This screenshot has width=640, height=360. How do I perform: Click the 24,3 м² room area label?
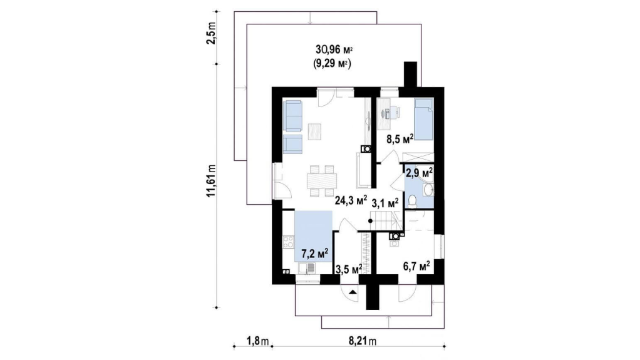coord(351,200)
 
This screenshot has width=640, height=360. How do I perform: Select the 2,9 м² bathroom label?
coord(419,173)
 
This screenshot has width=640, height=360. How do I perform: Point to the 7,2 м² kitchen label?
coord(315,254)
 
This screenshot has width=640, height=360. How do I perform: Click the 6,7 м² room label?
coord(416,267)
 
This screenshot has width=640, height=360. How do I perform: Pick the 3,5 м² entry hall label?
coord(349,269)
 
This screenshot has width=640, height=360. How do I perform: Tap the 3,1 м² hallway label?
coord(385,203)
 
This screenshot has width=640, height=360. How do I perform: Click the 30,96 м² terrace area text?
coord(334,50)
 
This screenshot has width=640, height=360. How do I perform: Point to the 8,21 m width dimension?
coord(363,341)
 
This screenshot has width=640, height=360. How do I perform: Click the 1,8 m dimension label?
coord(257,341)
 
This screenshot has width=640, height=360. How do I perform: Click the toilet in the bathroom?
coord(412,202)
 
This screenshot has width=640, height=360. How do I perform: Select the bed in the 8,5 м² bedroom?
coord(423,119)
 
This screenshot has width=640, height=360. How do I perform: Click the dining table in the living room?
coord(322,181)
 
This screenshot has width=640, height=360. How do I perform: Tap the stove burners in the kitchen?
coord(288,242)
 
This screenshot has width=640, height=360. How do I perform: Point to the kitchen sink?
coord(306,268)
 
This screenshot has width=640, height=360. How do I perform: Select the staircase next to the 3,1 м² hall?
coord(388,221)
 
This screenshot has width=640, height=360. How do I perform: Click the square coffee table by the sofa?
coord(315,131)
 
